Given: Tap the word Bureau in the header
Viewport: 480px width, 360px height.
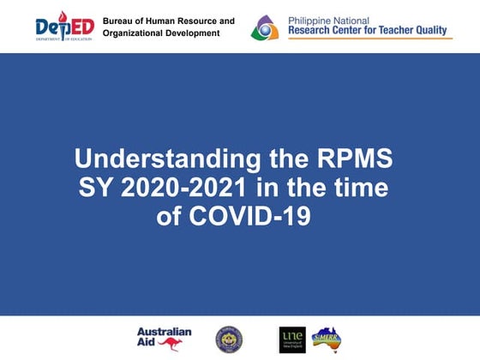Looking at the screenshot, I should pos(118,20).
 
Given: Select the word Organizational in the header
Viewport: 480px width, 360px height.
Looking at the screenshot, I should pos(133,33).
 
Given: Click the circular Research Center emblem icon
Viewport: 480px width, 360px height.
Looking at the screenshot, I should pos(265,28).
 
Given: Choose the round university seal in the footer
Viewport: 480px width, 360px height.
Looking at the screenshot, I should pos(229,339).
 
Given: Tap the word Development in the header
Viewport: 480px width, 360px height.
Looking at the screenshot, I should pos(192,33).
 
